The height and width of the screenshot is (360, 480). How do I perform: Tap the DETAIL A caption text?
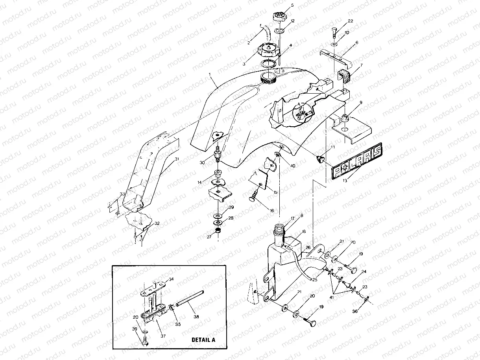(x=203, y=340)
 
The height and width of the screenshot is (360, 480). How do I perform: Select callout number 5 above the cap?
(x=292, y=6)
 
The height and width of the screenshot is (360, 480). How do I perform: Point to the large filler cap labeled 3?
(x=268, y=51)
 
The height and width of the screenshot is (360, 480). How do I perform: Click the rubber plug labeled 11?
(x=319, y=159)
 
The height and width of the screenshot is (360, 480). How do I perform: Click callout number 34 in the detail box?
(x=171, y=279)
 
